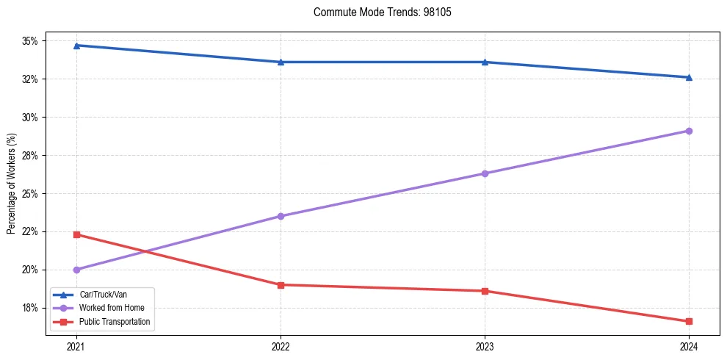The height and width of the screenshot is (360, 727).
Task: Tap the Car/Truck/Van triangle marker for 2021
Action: pyautogui.click(x=76, y=46)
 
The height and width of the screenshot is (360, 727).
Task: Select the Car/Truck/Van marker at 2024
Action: pyautogui.click(x=689, y=77)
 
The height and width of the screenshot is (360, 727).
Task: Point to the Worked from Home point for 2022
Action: pyautogui.click(x=281, y=216)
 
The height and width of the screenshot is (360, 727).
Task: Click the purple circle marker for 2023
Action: pyautogui.click(x=485, y=173)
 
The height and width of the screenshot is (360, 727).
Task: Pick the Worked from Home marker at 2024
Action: pyautogui.click(x=689, y=131)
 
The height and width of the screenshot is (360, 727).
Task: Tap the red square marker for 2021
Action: pyautogui.click(x=76, y=234)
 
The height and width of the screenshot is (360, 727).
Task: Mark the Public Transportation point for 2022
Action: pyautogui.click(x=281, y=285)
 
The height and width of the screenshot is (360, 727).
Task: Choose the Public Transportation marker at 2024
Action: pyautogui.click(x=689, y=321)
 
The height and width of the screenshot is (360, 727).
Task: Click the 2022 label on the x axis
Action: pyautogui.click(x=281, y=345)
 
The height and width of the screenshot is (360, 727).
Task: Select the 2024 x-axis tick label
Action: pyautogui.click(x=689, y=345)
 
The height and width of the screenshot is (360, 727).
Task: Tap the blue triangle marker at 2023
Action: pyautogui.click(x=485, y=62)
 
